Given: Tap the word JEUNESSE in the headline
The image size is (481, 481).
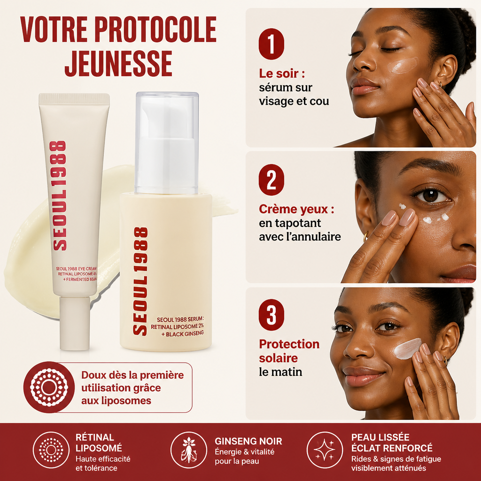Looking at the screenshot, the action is pos(118,63).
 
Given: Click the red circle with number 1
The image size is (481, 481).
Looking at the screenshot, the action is pos(271,44).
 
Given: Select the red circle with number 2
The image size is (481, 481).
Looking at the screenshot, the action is pos(271,180).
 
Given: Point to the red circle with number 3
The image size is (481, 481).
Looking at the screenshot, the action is pos(271,315).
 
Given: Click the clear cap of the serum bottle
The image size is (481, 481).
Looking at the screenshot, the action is pos(167,143).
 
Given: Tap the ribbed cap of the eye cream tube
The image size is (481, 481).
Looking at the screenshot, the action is pos(74,98).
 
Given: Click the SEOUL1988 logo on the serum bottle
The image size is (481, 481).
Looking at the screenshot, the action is pos(140,281).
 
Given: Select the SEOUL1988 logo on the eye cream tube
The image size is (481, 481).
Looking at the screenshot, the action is pos(58,195).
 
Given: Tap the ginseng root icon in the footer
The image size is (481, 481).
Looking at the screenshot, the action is pos(189,450).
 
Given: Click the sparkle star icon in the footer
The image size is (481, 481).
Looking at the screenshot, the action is pos(325,450).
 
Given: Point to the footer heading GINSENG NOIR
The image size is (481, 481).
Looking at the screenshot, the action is pos(248,441).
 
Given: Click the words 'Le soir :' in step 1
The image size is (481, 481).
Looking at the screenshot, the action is pos(282,74).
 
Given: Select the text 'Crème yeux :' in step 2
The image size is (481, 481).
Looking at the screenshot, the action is pos(296,209).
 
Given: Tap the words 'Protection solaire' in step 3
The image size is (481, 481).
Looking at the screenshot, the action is pos(289,351).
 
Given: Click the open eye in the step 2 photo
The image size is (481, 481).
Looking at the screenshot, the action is pos(431,195).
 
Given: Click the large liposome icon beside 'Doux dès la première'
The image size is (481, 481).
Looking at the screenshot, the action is pos(49,388).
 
